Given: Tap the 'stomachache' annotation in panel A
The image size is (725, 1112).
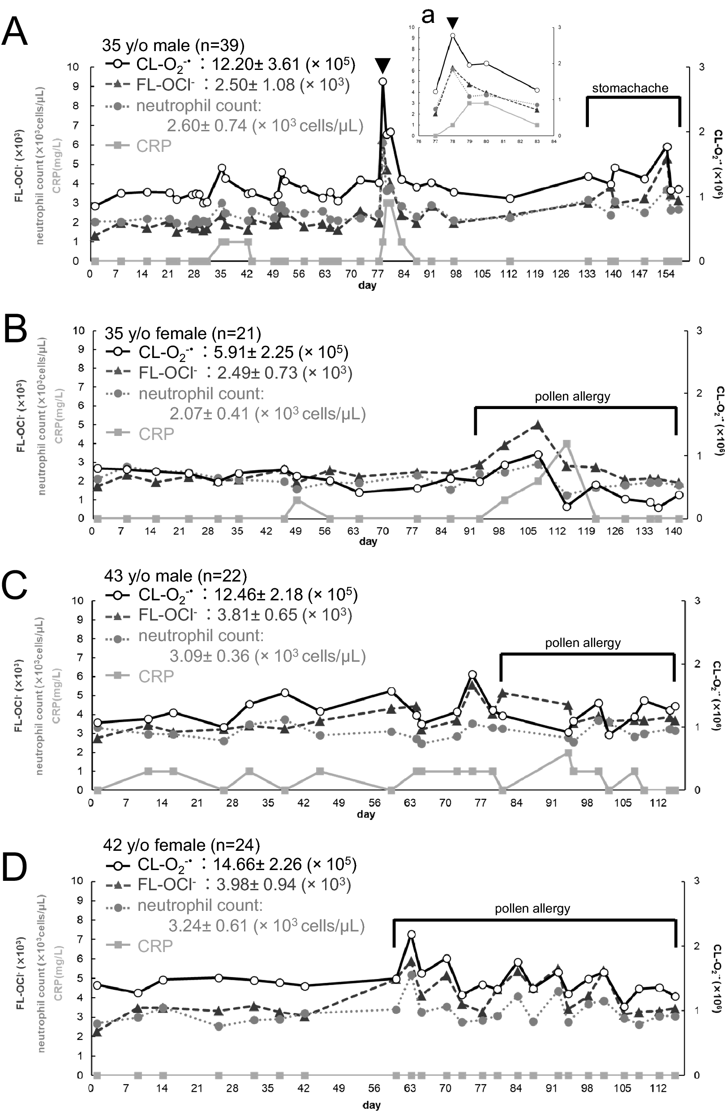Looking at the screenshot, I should coord(630,88).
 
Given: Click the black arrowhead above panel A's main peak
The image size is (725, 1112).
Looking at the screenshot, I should coord(382,65).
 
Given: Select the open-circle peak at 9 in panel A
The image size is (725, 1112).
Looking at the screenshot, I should coord(382,82).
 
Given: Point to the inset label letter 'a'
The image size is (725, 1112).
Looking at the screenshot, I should coord(428,15).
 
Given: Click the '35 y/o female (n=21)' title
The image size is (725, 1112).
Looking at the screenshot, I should coord(183,333).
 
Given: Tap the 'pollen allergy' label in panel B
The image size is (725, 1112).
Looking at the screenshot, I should coord(572,397).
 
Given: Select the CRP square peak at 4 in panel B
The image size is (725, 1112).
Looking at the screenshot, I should coord(566,443).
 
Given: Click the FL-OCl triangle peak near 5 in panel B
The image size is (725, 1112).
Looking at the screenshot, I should coord(537,425).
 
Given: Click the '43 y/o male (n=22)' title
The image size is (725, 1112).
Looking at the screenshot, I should coord(175,576).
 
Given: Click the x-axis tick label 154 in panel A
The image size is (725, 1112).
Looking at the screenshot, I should coord(666,274).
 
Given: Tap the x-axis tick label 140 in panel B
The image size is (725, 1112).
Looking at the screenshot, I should coord(674,531).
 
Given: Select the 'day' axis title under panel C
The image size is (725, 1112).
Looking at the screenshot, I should coord(366,815).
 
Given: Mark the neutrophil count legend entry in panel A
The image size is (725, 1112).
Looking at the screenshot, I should coord(198,106).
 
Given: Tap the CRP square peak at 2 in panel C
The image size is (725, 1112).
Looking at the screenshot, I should coord(568,753).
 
